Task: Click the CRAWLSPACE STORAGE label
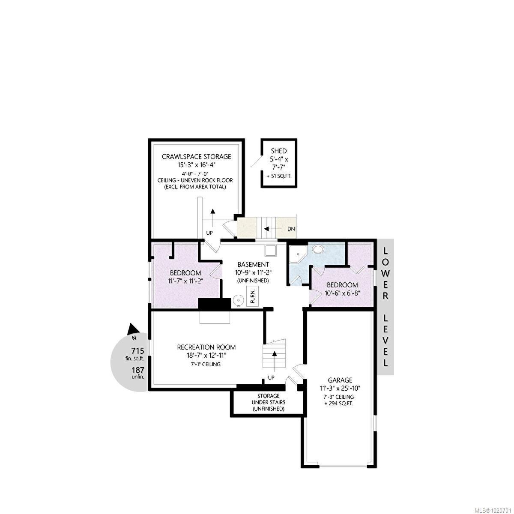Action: click(196, 157)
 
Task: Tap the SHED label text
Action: click(278, 151)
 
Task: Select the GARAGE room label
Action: click(340, 380)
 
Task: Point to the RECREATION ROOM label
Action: click(206, 347)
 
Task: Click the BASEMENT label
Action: click(253, 264)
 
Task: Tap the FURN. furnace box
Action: click(253, 296)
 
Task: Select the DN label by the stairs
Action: click(291, 229)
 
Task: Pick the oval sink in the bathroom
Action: click(318, 249)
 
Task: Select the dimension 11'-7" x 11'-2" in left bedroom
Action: click(185, 281)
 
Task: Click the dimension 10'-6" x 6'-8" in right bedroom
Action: click(342, 293)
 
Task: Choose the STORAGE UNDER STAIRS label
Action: click(268, 402)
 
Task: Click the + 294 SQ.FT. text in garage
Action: click(338, 403)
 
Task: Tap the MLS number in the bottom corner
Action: click(492, 509)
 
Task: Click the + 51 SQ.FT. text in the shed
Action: click(278, 176)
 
